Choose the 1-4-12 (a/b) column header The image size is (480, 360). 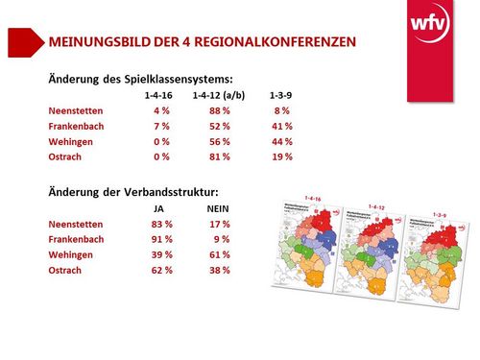[218, 95]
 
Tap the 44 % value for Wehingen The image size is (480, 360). [281, 141]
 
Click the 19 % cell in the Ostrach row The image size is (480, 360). [281, 156]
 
